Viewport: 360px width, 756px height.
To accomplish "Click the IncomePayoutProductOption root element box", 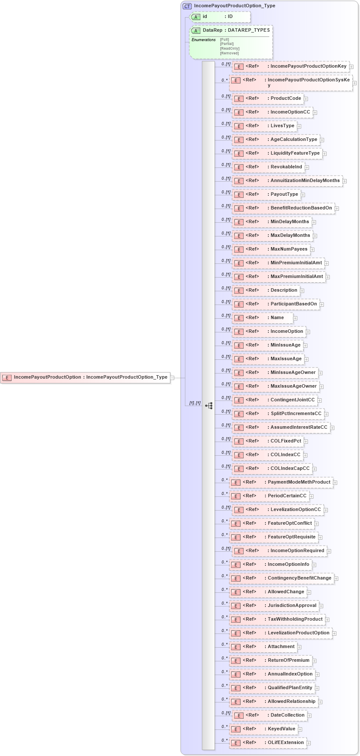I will pyautogui.click(x=85, y=377).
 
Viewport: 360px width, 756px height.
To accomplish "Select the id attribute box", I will pyautogui.click(x=220, y=17).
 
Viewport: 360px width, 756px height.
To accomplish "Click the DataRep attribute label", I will pyautogui.click(x=212, y=30).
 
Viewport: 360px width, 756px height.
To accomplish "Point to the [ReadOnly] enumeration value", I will pyautogui.click(x=229, y=48).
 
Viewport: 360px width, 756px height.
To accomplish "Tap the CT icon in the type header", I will pyautogui.click(x=187, y=6).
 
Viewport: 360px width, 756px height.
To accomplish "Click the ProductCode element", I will pyautogui.click(x=268, y=99).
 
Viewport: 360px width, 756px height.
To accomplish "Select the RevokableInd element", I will pyautogui.click(x=268, y=167).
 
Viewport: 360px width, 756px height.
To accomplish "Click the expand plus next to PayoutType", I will pyautogui.click(x=303, y=195).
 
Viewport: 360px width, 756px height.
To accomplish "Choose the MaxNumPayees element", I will pyautogui.click(x=271, y=249).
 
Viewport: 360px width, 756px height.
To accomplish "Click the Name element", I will pyautogui.click(x=262, y=318).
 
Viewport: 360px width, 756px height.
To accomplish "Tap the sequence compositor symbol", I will pyautogui.click(x=208, y=405).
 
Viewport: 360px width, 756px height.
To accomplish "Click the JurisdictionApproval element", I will pyautogui.click(x=274, y=606).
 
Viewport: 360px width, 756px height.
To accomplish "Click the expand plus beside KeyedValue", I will pyautogui.click(x=300, y=729).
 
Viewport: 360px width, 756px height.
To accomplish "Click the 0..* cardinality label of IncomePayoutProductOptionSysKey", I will pyautogui.click(x=224, y=80).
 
